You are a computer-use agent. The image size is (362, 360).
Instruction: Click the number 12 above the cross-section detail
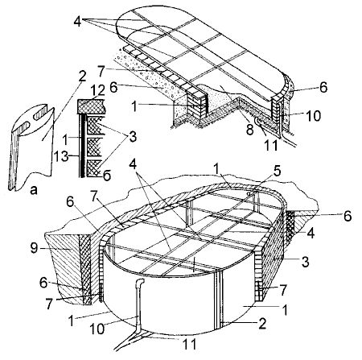pyautogui.click(x=97, y=90)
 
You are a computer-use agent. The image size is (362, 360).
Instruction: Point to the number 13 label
pyautogui.click(x=60, y=156)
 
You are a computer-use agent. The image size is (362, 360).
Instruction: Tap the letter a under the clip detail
pyautogui.click(x=34, y=190)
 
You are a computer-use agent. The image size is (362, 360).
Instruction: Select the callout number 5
pyautogui.click(x=277, y=172)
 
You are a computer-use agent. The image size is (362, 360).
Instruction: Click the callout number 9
pyautogui.click(x=34, y=248)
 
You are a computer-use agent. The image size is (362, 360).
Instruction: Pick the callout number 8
pyautogui.click(x=250, y=130)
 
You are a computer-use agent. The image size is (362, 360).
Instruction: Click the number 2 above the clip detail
pyautogui.click(x=82, y=76)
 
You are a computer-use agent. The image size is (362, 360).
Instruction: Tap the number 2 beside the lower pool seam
pyautogui.click(x=261, y=324)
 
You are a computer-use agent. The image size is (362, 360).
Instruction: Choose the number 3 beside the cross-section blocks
pyautogui.click(x=133, y=136)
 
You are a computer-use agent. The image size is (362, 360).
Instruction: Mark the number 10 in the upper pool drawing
pyautogui.click(x=313, y=116)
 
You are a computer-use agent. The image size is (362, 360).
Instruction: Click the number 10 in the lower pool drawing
pyautogui.click(x=97, y=329)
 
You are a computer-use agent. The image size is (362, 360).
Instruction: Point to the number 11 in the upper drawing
pyautogui.click(x=271, y=145)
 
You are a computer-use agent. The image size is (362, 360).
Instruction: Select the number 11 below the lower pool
pyautogui.click(x=189, y=345)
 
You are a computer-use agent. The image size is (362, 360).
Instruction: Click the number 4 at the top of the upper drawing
pyautogui.click(x=77, y=21)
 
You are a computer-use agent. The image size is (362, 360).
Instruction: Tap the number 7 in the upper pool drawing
pyautogui.click(x=101, y=71)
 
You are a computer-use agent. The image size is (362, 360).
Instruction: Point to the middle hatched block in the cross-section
pyautogui.click(x=94, y=147)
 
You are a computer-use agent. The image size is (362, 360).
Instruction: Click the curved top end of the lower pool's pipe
pyautogui.click(x=141, y=282)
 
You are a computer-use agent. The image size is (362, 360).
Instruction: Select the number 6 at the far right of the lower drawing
pyautogui.click(x=348, y=216)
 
